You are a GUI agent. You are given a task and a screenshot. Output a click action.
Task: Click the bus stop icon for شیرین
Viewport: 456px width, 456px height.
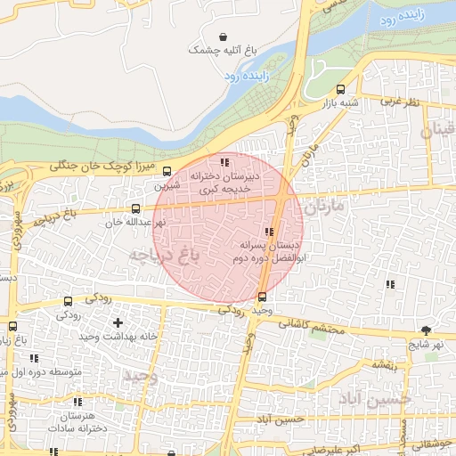[168, 172]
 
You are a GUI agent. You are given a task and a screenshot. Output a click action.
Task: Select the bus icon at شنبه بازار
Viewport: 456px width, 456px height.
[340, 89]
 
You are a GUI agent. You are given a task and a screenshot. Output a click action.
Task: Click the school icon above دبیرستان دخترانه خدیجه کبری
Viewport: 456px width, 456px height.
[224, 163]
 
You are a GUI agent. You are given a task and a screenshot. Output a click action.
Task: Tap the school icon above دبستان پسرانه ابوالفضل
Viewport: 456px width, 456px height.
[269, 232]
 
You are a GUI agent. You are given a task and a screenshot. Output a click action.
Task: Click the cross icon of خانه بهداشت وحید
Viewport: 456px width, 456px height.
[118, 321]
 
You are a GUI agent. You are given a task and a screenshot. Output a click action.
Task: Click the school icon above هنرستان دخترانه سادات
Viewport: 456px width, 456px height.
[77, 403]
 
